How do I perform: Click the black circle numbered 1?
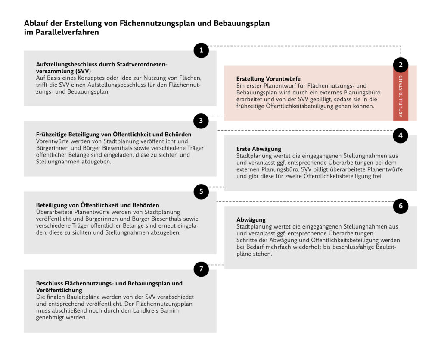pyautogui.click(x=201, y=50)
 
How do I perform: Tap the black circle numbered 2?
pyautogui.click(x=401, y=65)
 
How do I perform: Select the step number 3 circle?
pyautogui.click(x=201, y=121)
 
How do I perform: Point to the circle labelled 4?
pyautogui.click(x=401, y=135)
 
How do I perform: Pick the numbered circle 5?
pyautogui.click(x=201, y=191)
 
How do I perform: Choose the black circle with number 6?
pyautogui.click(x=401, y=206)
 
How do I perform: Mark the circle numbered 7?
pyautogui.click(x=201, y=269)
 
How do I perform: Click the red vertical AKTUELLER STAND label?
pyautogui.click(x=401, y=97)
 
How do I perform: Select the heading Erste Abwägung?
pyautogui.click(x=259, y=149)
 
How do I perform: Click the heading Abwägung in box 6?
pyautogui.click(x=251, y=220)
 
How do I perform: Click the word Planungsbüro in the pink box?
pyautogui.click(x=362, y=93)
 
